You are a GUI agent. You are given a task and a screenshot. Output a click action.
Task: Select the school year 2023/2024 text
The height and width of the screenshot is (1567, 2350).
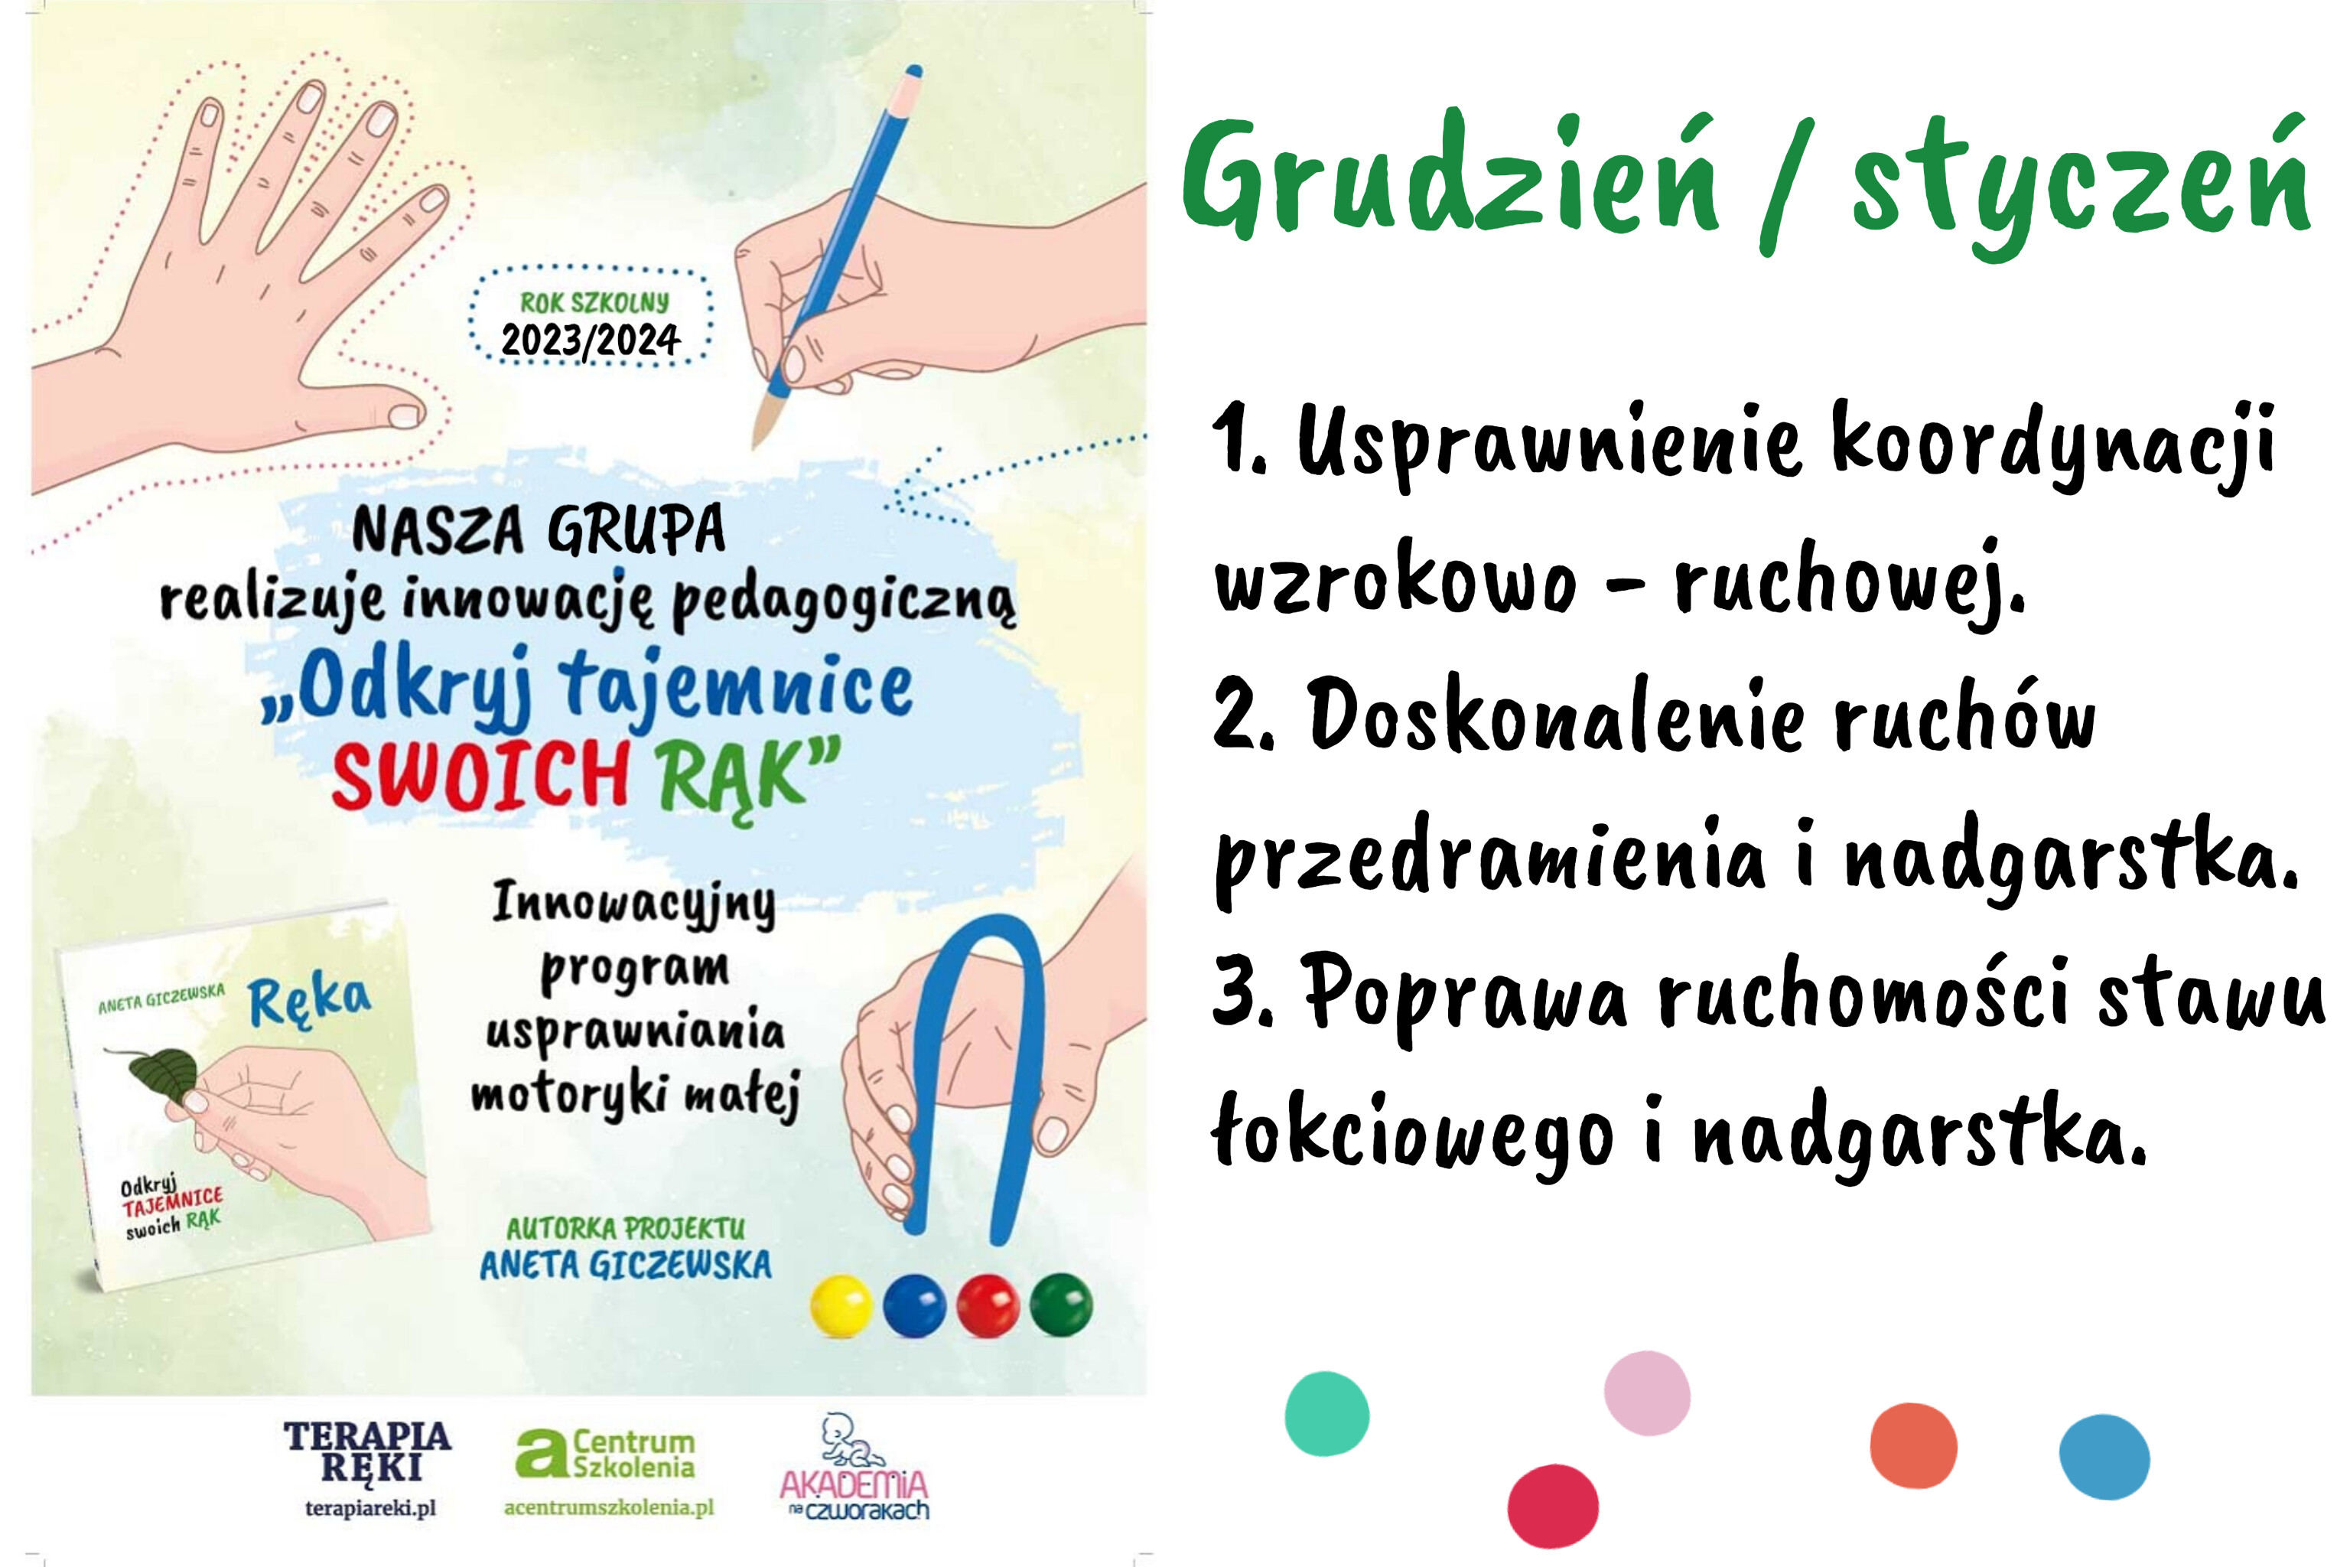click(x=591, y=340)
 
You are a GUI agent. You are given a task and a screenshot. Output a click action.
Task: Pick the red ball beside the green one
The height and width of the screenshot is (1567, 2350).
click(x=988, y=1305)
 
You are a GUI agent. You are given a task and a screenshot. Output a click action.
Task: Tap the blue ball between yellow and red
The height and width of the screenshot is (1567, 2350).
click(x=914, y=1305)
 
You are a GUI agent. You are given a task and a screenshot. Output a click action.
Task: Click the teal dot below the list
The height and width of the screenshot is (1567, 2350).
click(x=1327, y=1414)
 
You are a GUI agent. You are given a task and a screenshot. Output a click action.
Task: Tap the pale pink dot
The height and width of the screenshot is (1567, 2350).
click(x=1646, y=1393)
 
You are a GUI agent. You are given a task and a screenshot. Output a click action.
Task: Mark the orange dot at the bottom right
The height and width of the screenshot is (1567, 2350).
click(x=1913, y=1446)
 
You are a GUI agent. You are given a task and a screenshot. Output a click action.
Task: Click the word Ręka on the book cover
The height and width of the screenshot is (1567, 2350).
click(x=310, y=999)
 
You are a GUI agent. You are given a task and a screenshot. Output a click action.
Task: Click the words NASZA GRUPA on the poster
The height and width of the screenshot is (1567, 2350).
click(x=539, y=529)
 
